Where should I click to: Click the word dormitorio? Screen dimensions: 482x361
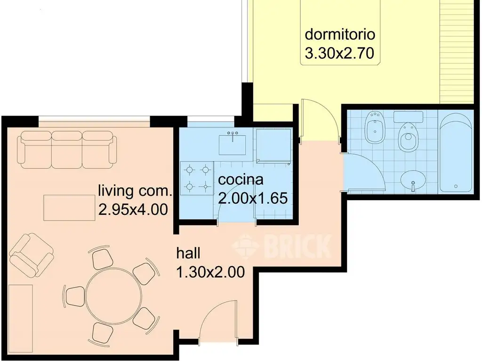coord(340,34)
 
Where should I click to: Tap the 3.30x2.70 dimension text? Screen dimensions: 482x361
coord(339,53)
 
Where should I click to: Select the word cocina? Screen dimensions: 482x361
coord(241,180)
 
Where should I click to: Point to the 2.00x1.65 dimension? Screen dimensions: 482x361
coord(253,198)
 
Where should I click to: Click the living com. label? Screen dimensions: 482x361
coord(135,191)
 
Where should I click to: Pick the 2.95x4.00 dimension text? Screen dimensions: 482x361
coord(133,210)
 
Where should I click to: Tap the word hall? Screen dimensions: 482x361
coord(188,253)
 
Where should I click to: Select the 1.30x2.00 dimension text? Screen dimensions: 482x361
coord(210,272)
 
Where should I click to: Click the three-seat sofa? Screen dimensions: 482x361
coord(67,149)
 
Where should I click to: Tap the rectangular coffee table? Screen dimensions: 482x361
coord(69,207)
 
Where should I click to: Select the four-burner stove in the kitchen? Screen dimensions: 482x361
coord(197,178)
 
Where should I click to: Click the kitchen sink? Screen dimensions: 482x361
coord(232,144)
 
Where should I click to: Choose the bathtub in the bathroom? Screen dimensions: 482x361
coord(456,155)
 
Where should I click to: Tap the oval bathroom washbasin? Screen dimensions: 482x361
coord(413,179)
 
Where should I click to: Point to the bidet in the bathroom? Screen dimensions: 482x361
coord(374,127)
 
